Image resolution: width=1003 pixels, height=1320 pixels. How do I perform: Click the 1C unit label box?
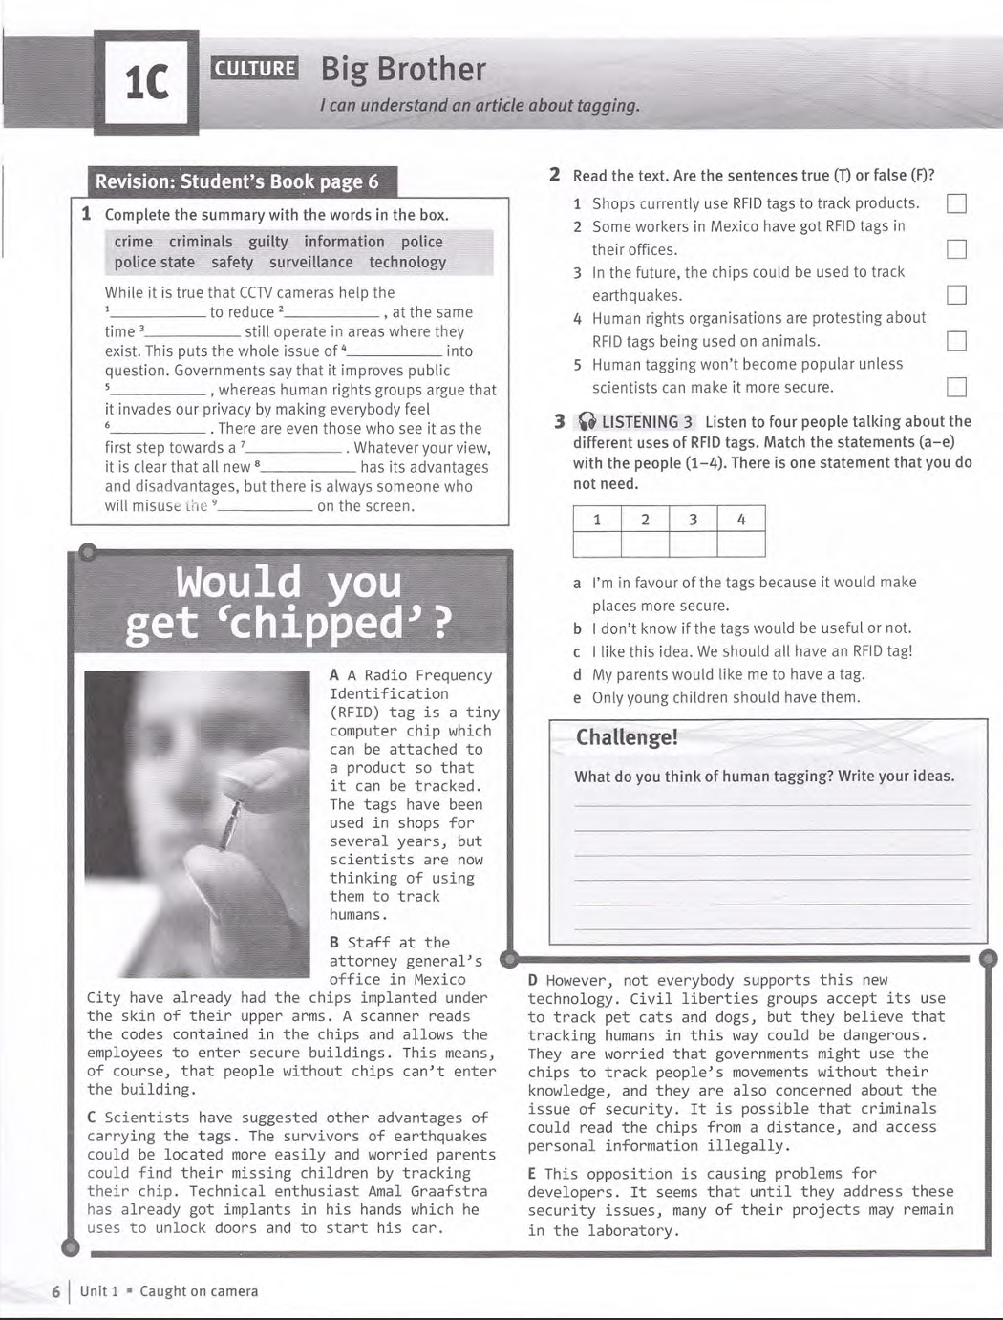pyautogui.click(x=148, y=82)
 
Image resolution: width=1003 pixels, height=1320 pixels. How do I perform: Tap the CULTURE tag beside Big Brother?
pyautogui.click(x=254, y=68)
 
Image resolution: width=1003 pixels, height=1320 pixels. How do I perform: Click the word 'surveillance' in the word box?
pyautogui.click(x=310, y=262)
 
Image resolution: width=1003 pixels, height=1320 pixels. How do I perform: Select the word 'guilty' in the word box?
pyautogui.click(x=267, y=242)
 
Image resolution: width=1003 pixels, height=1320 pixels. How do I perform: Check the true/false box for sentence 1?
pyautogui.click(x=955, y=203)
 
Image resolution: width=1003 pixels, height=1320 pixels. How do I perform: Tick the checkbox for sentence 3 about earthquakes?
pyautogui.click(x=955, y=295)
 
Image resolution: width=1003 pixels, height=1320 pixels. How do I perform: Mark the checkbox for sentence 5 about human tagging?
pyautogui.click(x=955, y=387)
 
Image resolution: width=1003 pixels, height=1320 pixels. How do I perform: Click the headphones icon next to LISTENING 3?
pyautogui.click(x=587, y=422)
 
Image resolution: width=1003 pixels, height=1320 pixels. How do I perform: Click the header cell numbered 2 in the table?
pyautogui.click(x=645, y=520)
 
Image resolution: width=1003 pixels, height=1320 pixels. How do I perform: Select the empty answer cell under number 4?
pyautogui.click(x=740, y=544)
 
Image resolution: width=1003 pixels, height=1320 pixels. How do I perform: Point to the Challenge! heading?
pyautogui.click(x=627, y=737)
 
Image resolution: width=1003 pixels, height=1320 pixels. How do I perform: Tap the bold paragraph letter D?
pyautogui.click(x=533, y=980)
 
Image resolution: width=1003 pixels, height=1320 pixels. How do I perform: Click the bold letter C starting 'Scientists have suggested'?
pyautogui.click(x=92, y=1118)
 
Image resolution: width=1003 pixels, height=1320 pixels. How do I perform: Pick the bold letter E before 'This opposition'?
pyautogui.click(x=532, y=1174)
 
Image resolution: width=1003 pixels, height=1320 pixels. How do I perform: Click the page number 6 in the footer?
pyautogui.click(x=56, y=1291)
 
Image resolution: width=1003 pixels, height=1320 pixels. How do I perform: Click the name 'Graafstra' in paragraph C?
pyautogui.click(x=447, y=1191)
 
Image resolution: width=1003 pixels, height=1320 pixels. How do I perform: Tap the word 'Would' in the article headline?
pyautogui.click(x=238, y=582)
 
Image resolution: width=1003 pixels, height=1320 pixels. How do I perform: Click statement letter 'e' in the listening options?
pyautogui.click(x=577, y=698)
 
